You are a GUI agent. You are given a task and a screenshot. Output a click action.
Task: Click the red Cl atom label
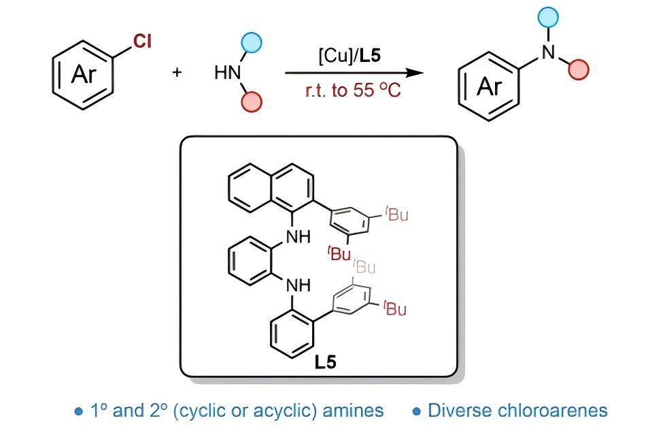tap(142, 42)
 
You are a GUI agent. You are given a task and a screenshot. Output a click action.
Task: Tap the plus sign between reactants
tap(177, 72)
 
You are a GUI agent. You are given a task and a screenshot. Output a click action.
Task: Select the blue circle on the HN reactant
tap(252, 43)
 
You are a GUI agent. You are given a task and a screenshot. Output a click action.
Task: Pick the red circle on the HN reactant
tap(252, 102)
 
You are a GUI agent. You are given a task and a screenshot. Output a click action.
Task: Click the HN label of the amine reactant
tap(228, 73)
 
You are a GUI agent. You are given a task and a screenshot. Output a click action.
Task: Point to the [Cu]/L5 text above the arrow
tap(349, 56)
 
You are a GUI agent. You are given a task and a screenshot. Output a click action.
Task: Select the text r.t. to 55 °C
tap(353, 91)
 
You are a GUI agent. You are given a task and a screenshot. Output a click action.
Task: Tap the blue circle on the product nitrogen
tap(548, 17)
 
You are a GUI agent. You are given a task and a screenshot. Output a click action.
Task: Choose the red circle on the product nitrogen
tap(579, 69)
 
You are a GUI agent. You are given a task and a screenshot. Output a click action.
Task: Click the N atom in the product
tap(548, 52)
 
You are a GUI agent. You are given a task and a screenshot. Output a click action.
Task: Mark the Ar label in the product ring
tap(490, 87)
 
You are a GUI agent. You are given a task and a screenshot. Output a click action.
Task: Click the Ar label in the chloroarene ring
tap(84, 75)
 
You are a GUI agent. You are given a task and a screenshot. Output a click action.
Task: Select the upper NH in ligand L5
tap(298, 236)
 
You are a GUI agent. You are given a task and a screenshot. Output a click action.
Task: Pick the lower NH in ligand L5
tap(298, 285)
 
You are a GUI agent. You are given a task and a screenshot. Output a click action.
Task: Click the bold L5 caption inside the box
tap(326, 362)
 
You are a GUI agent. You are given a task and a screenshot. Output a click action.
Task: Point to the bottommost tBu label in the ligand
tap(395, 308)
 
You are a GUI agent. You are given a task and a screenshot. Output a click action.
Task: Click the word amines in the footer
tap(354, 411)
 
